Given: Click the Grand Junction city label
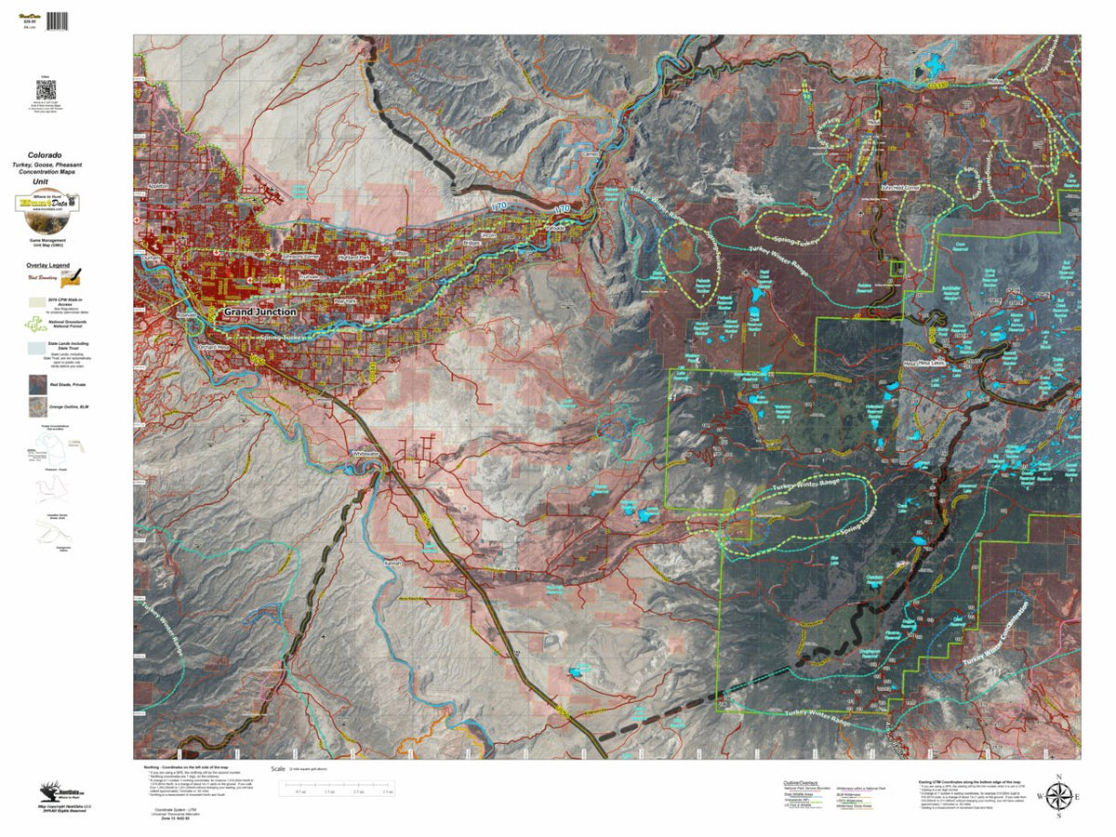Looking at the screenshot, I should [x=260, y=312].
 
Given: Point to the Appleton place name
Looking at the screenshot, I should [x=157, y=186].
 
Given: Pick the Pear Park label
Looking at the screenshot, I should [x=345, y=301].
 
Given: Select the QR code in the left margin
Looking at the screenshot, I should [x=46, y=91].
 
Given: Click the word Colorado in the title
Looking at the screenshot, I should [x=45, y=154].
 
